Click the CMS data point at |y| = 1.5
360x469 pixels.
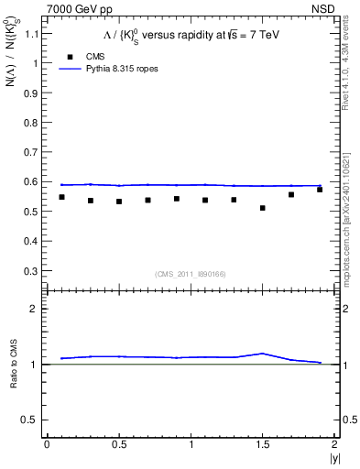click(x=263, y=208)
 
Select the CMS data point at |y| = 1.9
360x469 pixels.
click(x=320, y=190)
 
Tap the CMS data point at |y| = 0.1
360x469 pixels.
click(x=61, y=197)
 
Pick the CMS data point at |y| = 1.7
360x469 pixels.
click(x=291, y=194)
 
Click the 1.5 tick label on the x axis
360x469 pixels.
click(x=263, y=444)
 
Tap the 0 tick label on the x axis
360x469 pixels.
click(x=47, y=444)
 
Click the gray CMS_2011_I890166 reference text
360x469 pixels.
click(x=183, y=273)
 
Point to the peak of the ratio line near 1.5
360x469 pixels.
click(x=263, y=353)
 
